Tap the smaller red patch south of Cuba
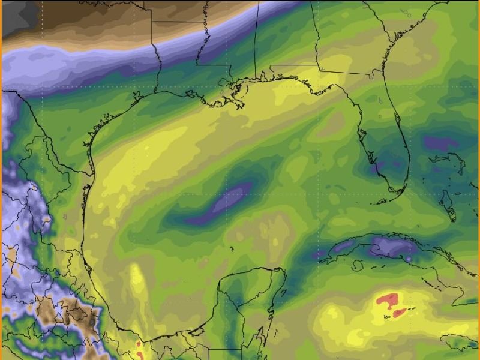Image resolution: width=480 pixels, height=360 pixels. point(398,311)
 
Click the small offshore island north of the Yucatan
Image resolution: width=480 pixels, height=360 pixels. point(230,248)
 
